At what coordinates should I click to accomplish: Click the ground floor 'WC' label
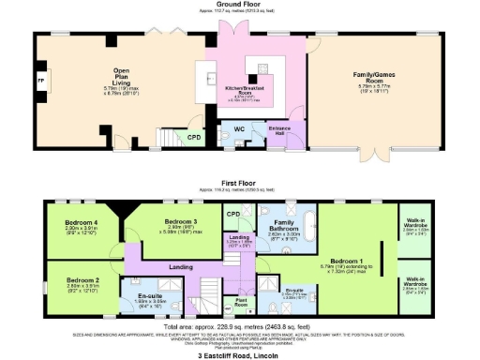(238, 127)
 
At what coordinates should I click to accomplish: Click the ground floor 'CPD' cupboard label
(194, 137)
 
